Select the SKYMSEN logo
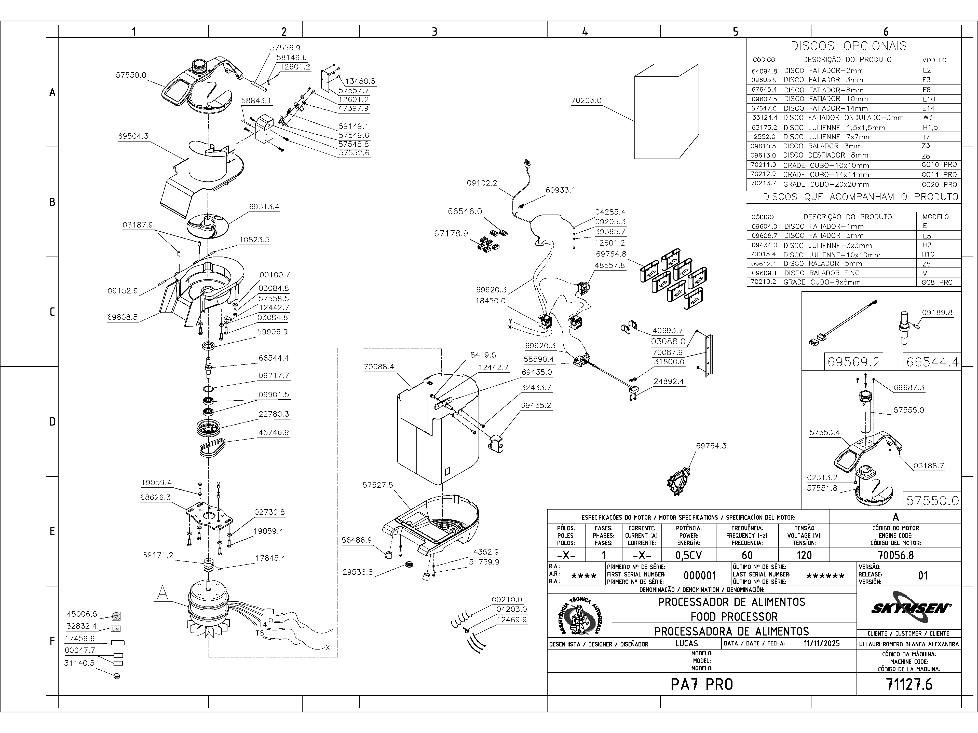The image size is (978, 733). (x=908, y=608)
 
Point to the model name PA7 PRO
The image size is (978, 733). (x=702, y=684)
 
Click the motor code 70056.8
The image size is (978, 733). (x=895, y=555)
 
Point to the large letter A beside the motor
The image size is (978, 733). (x=163, y=593)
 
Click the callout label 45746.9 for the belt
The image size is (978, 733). (x=274, y=433)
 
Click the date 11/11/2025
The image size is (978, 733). (x=821, y=644)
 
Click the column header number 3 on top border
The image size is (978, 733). (x=434, y=31)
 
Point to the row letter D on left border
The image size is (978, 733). (x=52, y=421)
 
